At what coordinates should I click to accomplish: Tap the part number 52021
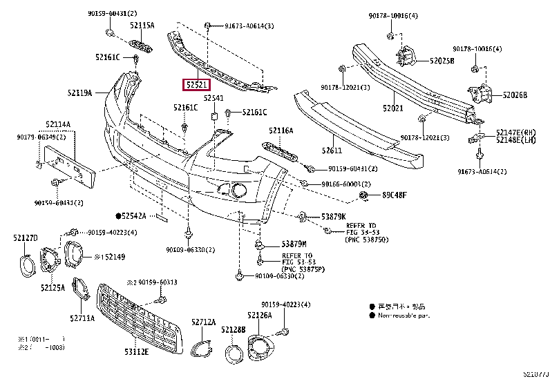pyautogui.click(x=393, y=108)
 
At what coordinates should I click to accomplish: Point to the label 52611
pyautogui.click(x=332, y=150)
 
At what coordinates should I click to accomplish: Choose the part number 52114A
pyautogui.click(x=59, y=124)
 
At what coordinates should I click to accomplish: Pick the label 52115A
pyautogui.click(x=142, y=25)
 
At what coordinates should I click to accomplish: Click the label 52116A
pyautogui.click(x=281, y=130)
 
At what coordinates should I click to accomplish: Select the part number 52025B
pyautogui.click(x=442, y=61)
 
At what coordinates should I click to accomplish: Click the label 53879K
pyautogui.click(x=333, y=217)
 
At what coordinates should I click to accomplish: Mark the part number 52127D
pyautogui.click(x=26, y=238)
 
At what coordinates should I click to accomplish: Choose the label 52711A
pyautogui.click(x=82, y=318)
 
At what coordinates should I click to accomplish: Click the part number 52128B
pyautogui.click(x=234, y=330)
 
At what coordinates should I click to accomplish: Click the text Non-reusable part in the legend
pyautogui.click(x=404, y=315)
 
